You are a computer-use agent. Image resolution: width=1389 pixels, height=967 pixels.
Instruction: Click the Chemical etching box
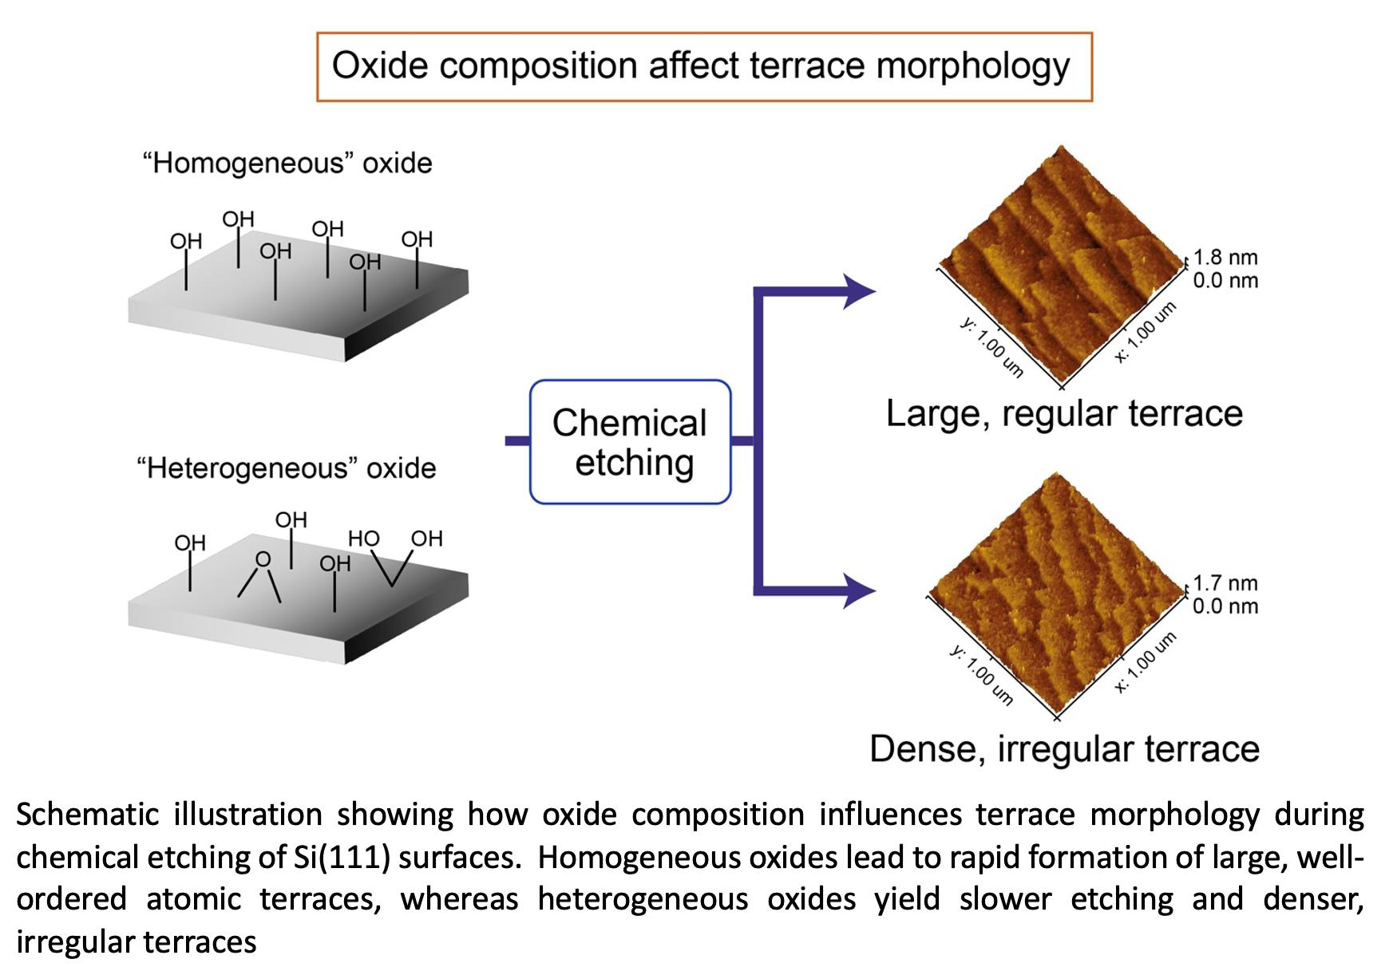coord(630,442)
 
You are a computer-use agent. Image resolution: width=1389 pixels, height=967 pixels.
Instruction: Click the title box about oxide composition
coord(703,66)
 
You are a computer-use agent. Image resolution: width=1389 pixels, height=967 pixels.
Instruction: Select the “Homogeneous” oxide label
coord(287,164)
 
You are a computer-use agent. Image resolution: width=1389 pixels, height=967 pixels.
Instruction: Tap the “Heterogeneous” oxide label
coord(287,468)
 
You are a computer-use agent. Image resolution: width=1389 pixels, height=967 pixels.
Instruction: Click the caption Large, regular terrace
coord(1064,414)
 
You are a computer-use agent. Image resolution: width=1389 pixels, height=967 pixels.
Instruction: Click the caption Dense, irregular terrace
coord(1064,749)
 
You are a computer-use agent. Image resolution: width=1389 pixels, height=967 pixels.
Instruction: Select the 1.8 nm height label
coord(1225,258)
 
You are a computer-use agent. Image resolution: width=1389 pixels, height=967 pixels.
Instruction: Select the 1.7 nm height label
coord(1225,583)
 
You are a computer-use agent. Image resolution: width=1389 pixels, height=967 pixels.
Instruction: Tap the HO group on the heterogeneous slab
coord(363,539)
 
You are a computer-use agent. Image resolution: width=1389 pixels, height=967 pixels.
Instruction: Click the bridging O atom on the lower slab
coord(263,559)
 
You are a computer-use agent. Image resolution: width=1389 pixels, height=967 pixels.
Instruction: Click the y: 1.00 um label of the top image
coord(991,347)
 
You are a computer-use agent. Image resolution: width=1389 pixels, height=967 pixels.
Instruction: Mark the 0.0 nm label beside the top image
coord(1225,281)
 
